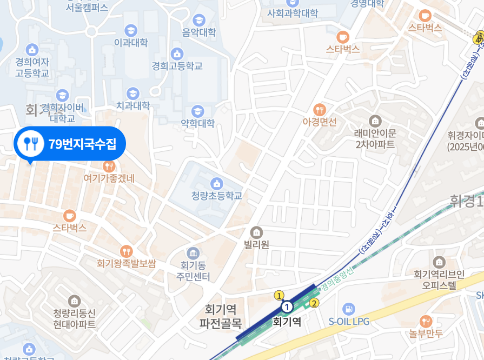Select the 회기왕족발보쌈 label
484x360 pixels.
tap(127, 264)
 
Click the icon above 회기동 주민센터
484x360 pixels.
tap(193, 252)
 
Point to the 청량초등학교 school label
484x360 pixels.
tap(217, 196)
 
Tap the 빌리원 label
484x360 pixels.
tap(256, 244)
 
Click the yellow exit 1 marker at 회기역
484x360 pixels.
tap(279, 296)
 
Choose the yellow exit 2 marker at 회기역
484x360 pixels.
tap(314, 303)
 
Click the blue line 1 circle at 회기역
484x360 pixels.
tap(287, 307)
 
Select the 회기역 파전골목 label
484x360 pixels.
tap(221, 316)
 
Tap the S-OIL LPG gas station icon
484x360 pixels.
tap(349, 309)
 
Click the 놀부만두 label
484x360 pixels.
tap(426, 334)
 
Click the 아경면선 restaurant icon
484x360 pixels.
tap(320, 110)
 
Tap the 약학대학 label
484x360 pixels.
tap(198, 123)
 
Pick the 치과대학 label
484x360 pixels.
tap(133, 105)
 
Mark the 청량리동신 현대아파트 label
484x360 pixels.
tap(75, 319)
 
